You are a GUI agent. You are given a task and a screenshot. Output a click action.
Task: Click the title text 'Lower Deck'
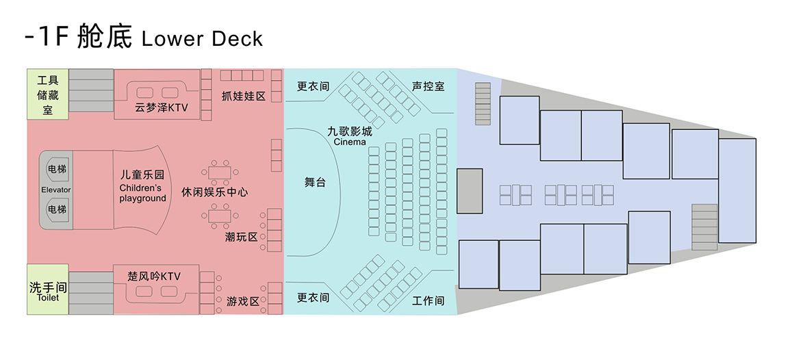202,38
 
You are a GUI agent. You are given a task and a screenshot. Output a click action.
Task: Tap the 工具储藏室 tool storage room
47,94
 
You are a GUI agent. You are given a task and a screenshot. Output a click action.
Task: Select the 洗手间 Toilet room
48,290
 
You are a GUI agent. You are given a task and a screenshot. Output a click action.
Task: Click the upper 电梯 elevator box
56,168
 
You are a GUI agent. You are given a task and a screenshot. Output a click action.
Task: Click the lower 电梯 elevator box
56,208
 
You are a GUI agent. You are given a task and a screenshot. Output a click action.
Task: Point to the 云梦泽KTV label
161,107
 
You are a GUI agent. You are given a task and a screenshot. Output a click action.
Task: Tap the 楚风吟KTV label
154,277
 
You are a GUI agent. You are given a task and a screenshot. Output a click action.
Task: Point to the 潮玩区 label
241,237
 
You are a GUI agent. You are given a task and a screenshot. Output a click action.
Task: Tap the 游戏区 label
243,300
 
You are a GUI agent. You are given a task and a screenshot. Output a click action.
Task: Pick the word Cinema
350,142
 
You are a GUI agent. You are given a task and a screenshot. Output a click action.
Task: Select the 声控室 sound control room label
428,87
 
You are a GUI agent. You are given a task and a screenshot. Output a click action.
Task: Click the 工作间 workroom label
428,300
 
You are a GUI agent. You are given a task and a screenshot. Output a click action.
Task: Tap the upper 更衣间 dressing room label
313,87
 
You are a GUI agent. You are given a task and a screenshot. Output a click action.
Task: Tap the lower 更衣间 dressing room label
313,298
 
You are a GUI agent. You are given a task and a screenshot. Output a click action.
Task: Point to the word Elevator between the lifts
56,190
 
